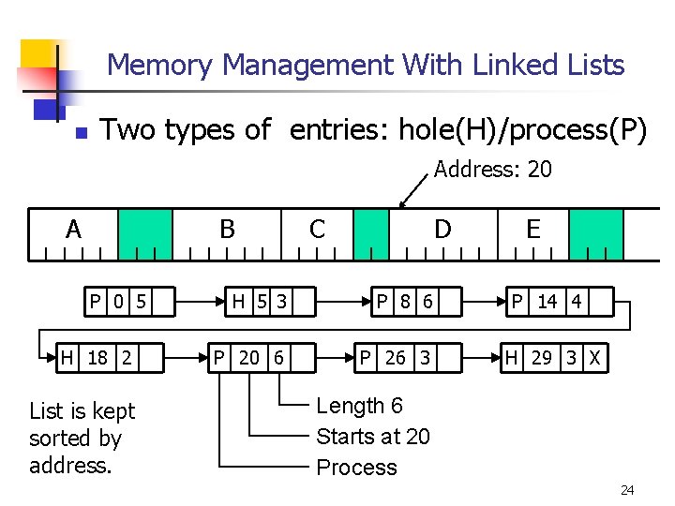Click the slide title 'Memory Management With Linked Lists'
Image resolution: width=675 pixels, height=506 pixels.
(366, 65)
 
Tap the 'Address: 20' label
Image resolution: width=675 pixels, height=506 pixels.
(492, 170)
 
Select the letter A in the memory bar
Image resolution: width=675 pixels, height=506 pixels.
(73, 229)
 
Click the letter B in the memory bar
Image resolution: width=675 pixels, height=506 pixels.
(226, 229)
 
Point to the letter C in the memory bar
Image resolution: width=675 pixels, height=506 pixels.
(317, 229)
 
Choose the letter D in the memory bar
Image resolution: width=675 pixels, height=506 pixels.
(442, 229)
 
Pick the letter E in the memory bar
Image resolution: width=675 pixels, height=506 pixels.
(532, 229)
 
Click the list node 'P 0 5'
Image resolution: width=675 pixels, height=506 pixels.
(118, 302)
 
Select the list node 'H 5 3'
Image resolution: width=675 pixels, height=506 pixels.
(260, 302)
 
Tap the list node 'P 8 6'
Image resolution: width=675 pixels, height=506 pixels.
(404, 302)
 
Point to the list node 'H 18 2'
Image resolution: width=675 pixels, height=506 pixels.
(97, 357)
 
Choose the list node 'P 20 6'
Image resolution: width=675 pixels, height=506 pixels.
(249, 357)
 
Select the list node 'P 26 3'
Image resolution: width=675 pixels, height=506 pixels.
(395, 357)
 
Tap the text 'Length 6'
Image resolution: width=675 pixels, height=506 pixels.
(360, 406)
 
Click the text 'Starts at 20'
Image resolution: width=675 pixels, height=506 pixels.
(373, 437)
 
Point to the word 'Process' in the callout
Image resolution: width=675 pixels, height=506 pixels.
(356, 468)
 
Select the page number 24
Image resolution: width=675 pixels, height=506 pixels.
(626, 490)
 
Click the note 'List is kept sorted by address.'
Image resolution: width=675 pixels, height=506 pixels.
(82, 438)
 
